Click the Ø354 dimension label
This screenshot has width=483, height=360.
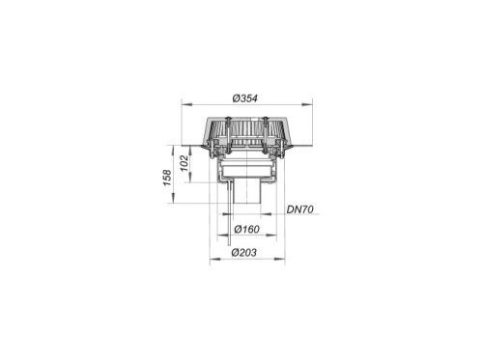coord(245,98)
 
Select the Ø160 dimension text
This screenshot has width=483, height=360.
coord(247,230)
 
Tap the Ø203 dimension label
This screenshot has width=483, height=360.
coord(244,253)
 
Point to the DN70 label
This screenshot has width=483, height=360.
coord(300,209)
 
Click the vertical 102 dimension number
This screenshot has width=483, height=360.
coord(185,163)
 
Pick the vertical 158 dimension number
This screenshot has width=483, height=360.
coord(167,178)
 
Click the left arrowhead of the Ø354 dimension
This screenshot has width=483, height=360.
coord(187,104)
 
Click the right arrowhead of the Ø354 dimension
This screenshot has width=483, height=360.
coord(307,104)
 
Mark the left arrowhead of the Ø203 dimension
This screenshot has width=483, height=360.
coord(215,259)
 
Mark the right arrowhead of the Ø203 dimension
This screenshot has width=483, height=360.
coord(279,259)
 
